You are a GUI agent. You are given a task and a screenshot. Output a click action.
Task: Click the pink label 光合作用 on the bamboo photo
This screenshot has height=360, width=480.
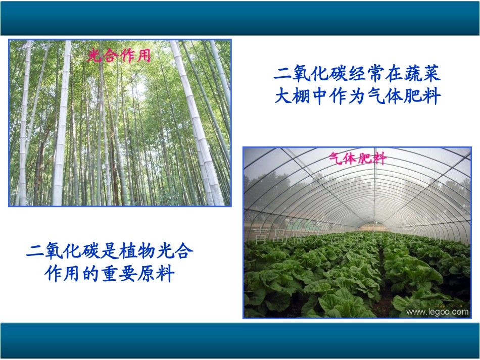pyautogui.click(x=119, y=56)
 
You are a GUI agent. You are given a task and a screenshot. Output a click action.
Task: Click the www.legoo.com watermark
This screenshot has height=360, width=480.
pyautogui.click(x=438, y=312)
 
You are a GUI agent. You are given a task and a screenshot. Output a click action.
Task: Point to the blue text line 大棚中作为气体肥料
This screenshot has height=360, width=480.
pyautogui.click(x=358, y=96)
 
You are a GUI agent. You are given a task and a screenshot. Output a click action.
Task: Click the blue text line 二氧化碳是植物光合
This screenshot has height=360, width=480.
pyautogui.click(x=110, y=251)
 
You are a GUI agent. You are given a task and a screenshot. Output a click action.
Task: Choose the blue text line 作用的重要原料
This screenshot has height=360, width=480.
pyautogui.click(x=110, y=274)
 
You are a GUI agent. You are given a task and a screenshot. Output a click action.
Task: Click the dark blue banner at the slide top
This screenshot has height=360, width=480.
pyautogui.click(x=240, y=18)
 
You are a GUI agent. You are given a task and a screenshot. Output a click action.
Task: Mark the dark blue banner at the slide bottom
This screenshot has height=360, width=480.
pyautogui.click(x=240, y=341)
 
